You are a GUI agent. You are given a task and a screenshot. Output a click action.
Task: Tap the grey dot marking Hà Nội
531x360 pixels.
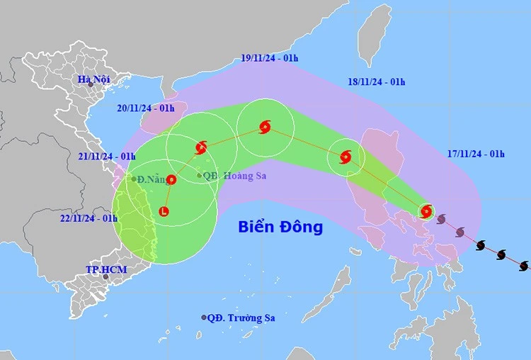(90, 85)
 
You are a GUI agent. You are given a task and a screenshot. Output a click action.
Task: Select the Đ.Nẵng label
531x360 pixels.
(151, 179)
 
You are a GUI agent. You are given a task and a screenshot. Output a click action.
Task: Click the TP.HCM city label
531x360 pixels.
(101, 269)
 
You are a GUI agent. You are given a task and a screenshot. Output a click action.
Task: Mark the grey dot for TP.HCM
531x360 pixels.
(105, 276)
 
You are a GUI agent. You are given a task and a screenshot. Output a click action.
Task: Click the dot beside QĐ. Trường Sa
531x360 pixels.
(204, 318)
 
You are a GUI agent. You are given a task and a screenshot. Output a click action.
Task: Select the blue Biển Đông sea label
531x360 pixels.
(280, 227)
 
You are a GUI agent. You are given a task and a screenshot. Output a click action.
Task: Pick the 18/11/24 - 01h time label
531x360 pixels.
(377, 81)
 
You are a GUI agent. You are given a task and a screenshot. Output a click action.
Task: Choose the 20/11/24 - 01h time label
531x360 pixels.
(146, 108)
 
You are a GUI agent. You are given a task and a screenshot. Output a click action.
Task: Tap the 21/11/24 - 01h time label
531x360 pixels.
(107, 156)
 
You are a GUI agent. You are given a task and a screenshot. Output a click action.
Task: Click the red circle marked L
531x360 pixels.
(164, 211)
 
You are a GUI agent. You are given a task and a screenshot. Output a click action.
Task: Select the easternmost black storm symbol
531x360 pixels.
(524, 266)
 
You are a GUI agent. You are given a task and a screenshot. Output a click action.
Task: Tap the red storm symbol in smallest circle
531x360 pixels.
(426, 210)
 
